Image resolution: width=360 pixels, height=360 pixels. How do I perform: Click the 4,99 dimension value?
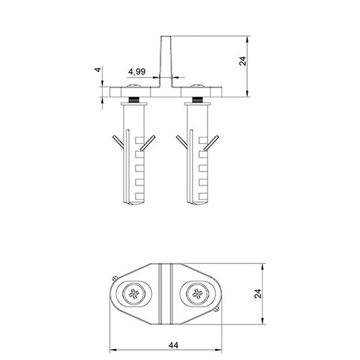click(x=137, y=71)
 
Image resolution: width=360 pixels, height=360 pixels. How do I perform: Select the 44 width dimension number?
click(x=173, y=345)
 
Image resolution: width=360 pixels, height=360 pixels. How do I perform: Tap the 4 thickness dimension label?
click(x=98, y=69)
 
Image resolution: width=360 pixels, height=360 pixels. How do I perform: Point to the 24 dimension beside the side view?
click(x=243, y=61)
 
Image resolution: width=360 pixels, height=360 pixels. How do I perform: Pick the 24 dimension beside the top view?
click(x=258, y=294)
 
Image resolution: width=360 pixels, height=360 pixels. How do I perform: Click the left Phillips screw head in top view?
click(x=134, y=294)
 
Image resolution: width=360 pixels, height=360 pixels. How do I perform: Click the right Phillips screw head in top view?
click(x=197, y=294)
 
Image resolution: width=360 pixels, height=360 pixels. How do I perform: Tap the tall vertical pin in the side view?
click(x=166, y=62)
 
